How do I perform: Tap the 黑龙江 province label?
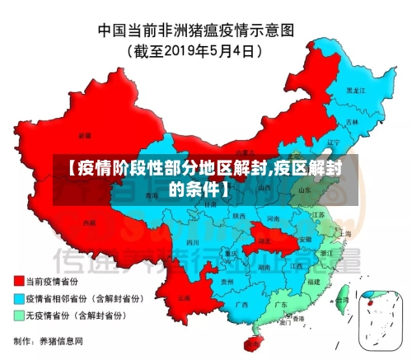(355, 90)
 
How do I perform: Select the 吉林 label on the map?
(353, 121)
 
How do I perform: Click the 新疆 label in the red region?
(85, 134)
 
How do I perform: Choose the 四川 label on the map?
(193, 243)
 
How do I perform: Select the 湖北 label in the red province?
(264, 241)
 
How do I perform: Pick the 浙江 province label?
(327, 252)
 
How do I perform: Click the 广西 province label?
(241, 304)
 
